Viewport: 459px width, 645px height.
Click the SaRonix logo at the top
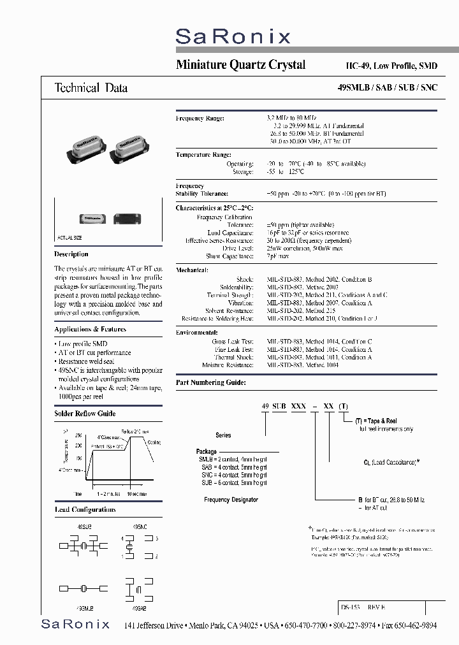click(x=233, y=36)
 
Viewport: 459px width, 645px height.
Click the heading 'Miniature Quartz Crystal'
click(x=240, y=65)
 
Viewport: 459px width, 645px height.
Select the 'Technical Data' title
click(x=91, y=88)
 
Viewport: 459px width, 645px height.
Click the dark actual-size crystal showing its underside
click(x=127, y=218)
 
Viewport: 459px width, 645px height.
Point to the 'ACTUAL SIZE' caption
click(x=70, y=236)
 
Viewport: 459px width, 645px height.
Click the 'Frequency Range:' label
click(x=200, y=119)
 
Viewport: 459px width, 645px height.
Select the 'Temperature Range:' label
click(x=203, y=155)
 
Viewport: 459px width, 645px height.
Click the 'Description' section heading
click(x=71, y=254)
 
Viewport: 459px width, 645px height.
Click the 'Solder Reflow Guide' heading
click(x=85, y=413)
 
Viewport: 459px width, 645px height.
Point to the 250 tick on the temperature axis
click(x=78, y=435)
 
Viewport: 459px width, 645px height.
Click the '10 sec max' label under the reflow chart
click(x=135, y=493)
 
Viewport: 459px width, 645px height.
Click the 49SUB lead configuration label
click(x=75, y=527)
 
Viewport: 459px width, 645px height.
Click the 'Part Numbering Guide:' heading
click(x=210, y=382)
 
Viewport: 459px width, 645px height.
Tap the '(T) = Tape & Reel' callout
click(x=382, y=421)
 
